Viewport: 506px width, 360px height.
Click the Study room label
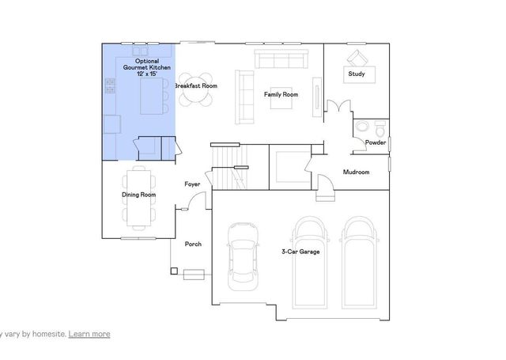pyautogui.click(x=357, y=75)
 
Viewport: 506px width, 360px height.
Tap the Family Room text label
pyautogui.click(x=281, y=95)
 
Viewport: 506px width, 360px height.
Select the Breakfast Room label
pyautogui.click(x=196, y=85)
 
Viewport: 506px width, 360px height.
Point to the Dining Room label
pyautogui.click(x=138, y=195)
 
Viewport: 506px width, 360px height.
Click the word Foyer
pyautogui.click(x=192, y=184)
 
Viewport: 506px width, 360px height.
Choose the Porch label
pyautogui.click(x=193, y=244)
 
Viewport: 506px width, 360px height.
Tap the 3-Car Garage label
pyautogui.click(x=300, y=252)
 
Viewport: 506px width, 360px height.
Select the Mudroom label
pyautogui.click(x=356, y=172)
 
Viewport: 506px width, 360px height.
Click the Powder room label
pyautogui.click(x=375, y=142)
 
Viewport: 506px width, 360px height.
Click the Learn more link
pyautogui.click(x=89, y=334)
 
